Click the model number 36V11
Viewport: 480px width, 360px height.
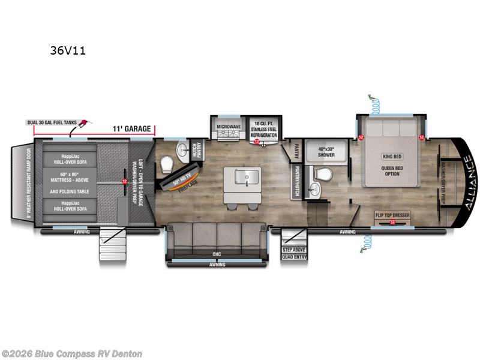tap(67, 50)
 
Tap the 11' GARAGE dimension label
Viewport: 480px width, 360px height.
tap(131, 128)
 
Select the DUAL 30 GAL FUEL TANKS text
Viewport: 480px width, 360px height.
tap(52, 122)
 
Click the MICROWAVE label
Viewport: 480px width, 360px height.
tap(228, 127)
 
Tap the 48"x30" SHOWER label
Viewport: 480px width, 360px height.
tap(326, 151)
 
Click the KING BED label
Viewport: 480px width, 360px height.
tap(391, 157)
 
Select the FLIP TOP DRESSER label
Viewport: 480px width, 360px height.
tap(393, 215)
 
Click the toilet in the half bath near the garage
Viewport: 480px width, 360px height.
tap(167, 164)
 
